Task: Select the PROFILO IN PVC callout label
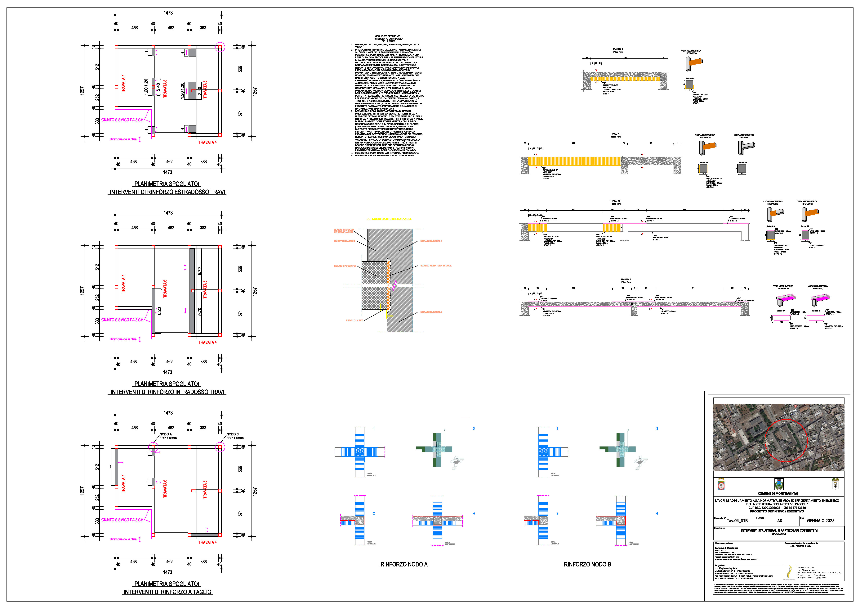[x=354, y=320]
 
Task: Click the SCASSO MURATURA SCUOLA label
[x=435, y=266]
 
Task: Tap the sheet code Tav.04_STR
[x=737, y=520]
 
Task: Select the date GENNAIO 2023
[x=820, y=520]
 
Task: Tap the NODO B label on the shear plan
[x=232, y=434]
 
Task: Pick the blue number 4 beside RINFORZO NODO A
[x=474, y=513]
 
